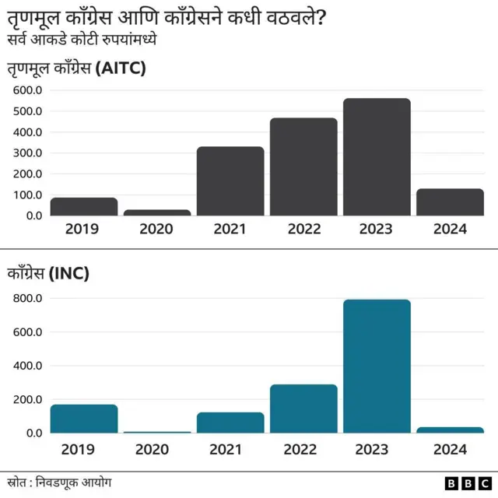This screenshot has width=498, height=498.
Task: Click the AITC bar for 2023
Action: [x=377, y=156]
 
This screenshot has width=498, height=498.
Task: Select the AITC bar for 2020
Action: [x=157, y=212]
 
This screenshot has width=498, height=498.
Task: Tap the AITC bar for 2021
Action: [x=230, y=181]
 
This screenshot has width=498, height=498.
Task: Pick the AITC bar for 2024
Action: [x=450, y=202]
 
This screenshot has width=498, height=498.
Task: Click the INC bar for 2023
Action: [x=377, y=366]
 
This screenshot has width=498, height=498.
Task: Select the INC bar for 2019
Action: [x=84, y=419]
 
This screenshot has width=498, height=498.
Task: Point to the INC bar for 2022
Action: [x=303, y=409]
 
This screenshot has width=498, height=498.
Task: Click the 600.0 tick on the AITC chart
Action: [x=27, y=90]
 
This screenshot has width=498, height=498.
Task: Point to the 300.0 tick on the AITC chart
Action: [x=27, y=153]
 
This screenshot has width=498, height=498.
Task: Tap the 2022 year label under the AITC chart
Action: [x=303, y=230]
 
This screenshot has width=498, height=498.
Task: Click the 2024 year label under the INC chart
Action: [x=450, y=449]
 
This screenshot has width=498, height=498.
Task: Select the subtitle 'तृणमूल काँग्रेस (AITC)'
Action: [x=77, y=68]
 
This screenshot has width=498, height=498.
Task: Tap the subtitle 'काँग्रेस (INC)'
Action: [x=48, y=274]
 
